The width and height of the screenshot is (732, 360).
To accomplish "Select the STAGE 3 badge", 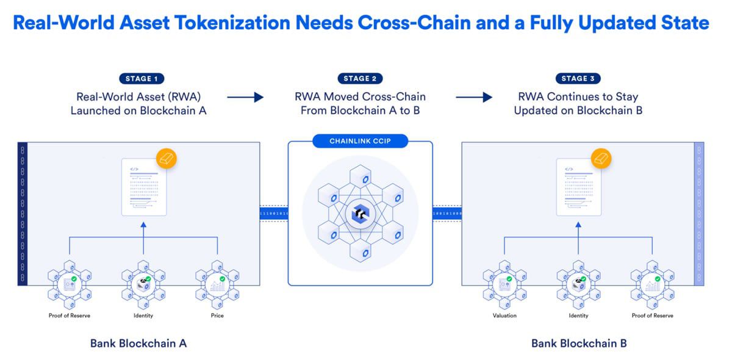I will click(x=578, y=79).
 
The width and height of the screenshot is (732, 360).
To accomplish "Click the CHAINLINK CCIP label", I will click(x=360, y=142).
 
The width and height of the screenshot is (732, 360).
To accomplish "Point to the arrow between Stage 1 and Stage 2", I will click(x=245, y=96).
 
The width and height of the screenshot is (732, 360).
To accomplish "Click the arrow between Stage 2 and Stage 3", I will click(x=473, y=96).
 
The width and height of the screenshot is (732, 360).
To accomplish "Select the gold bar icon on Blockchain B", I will click(x=601, y=159).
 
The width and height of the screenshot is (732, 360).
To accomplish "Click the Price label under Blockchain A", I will click(x=217, y=315).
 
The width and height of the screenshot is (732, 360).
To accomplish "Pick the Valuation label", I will click(x=504, y=315).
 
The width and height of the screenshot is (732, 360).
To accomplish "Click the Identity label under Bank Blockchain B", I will click(x=578, y=315).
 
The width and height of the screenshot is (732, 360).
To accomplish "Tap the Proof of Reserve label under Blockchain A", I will click(x=69, y=315).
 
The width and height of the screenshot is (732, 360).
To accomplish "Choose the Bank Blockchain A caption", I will click(x=138, y=343).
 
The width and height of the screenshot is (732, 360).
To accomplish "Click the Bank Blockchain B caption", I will click(x=579, y=343).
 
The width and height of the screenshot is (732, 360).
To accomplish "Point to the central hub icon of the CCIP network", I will click(x=360, y=214).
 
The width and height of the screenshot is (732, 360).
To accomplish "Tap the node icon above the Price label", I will click(x=217, y=283).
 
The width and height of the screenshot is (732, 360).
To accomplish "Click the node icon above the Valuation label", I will click(x=504, y=283).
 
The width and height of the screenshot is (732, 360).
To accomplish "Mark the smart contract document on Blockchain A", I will click(x=143, y=187).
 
